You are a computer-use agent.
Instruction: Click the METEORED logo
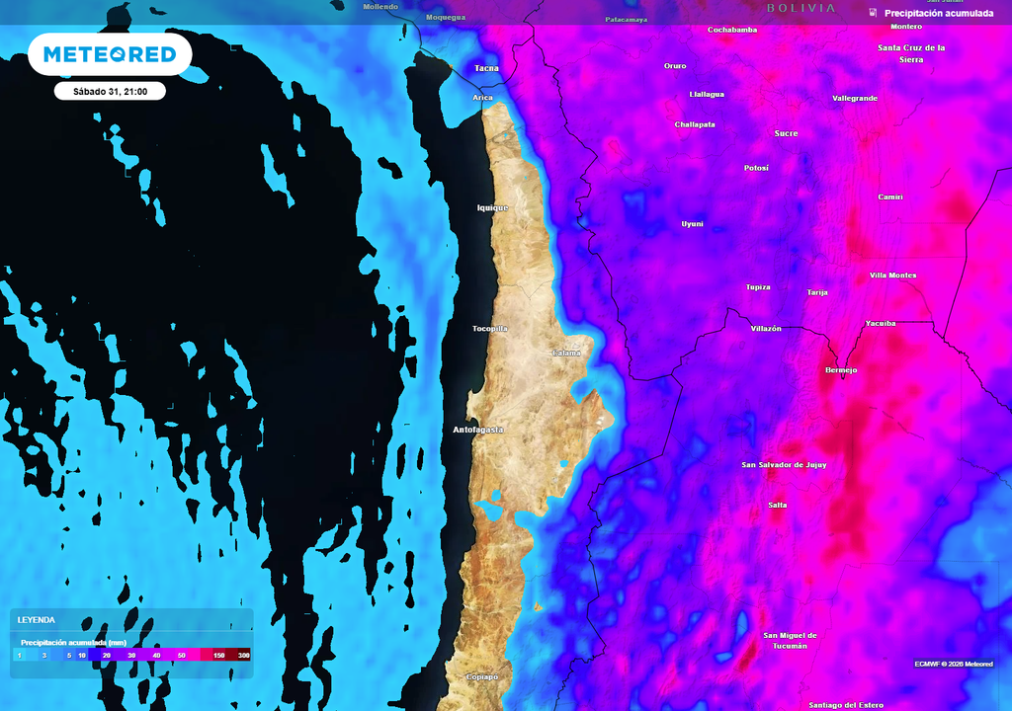pos(110,54)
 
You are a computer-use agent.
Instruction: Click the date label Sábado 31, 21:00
pos(110,91)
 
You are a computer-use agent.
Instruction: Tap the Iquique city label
pos(492,208)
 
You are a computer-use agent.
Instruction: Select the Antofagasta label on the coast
pos(478,431)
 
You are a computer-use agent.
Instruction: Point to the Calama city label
pos(566,353)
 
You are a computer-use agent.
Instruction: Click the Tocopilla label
pos(490,329)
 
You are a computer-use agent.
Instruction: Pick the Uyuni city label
pos(693,224)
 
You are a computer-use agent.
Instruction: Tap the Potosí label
pos(756,168)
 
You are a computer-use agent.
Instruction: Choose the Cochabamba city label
pos(732,30)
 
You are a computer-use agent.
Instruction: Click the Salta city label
pos(778,505)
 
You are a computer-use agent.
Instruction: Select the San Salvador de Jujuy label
pos(785,464)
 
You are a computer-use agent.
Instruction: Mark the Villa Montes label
pos(892,276)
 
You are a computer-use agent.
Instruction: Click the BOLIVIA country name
pos(801,8)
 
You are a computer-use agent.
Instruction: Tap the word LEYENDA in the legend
pos(36,620)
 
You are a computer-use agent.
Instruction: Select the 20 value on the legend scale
pos(106,656)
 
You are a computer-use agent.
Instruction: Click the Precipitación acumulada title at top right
pos(939,13)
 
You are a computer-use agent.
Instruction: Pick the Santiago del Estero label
pos(846,705)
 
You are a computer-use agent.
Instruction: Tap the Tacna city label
pos(486,68)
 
